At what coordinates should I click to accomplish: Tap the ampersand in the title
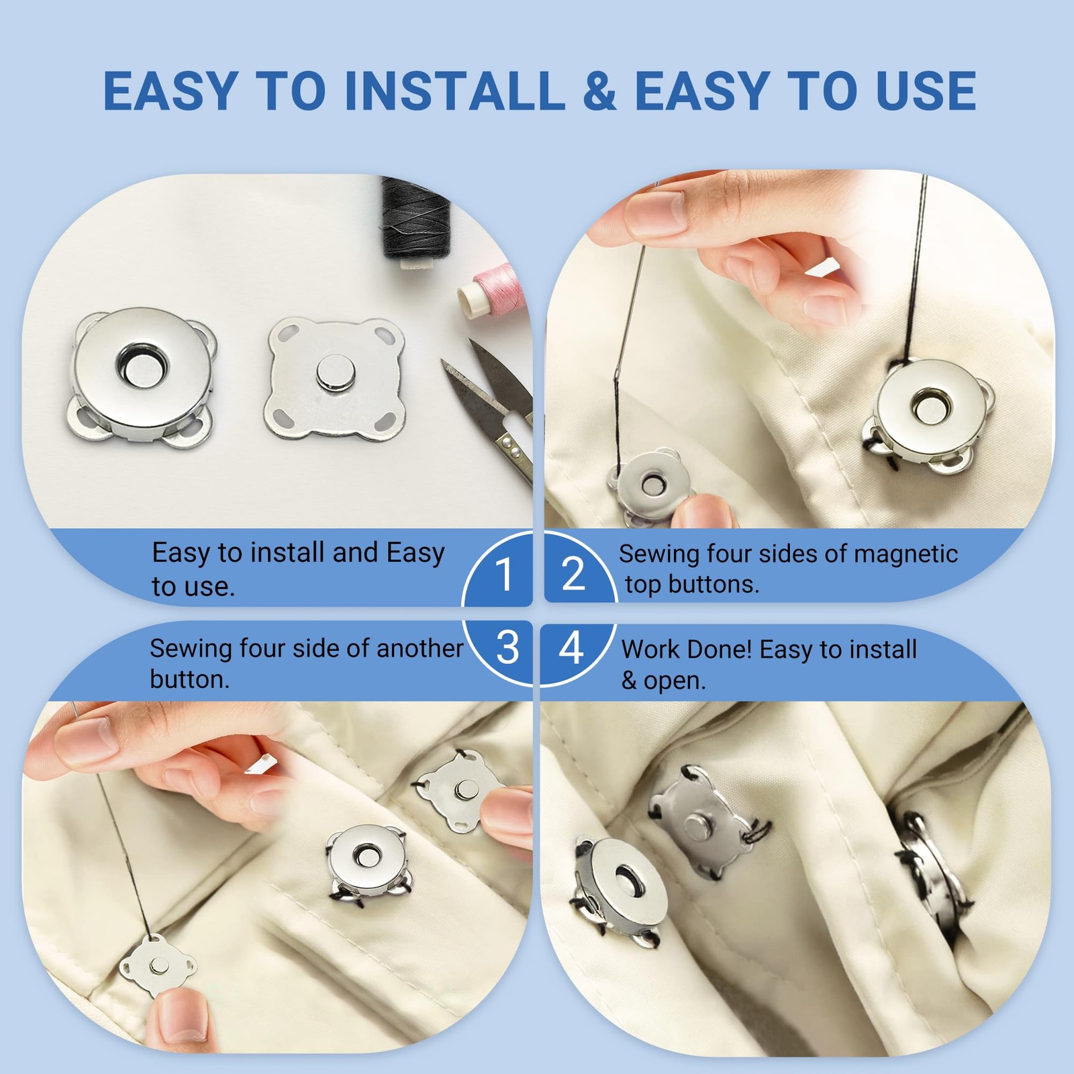(x=599, y=91)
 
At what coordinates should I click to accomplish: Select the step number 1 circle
(x=502, y=575)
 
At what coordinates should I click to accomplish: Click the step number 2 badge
(x=575, y=575)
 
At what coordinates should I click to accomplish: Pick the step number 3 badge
(x=507, y=648)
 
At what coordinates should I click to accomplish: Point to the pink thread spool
(x=489, y=293)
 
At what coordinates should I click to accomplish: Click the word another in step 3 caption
(x=420, y=649)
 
